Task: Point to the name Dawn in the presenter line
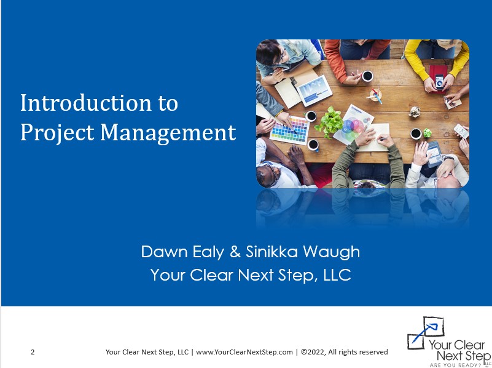tap(161, 252)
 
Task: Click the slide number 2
tap(33, 352)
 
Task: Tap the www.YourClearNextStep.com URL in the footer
tap(244, 352)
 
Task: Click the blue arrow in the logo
tap(423, 333)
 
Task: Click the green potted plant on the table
tap(330, 121)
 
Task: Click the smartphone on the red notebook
tap(439, 80)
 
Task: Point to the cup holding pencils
tap(375, 96)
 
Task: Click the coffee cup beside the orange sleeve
tap(367, 76)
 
